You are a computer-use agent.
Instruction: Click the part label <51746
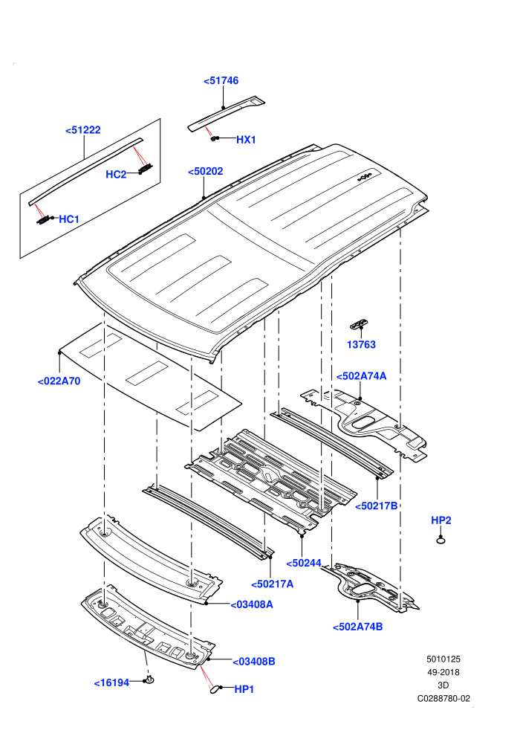[x=221, y=81]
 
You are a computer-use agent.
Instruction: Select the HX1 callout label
[x=246, y=140]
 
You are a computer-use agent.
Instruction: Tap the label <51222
[x=83, y=130]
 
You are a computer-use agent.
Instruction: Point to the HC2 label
[x=116, y=175]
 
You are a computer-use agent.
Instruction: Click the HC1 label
[x=69, y=219]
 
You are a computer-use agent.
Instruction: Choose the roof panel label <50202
[x=205, y=171]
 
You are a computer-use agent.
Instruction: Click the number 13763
[x=361, y=344]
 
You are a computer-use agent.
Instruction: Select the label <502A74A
[x=361, y=376]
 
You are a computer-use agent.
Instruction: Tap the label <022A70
[x=59, y=381]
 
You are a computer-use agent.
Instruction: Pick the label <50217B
[x=376, y=506]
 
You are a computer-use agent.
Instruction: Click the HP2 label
[x=441, y=520]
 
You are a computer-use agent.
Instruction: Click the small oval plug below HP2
[x=441, y=540]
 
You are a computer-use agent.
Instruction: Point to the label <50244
[x=304, y=564]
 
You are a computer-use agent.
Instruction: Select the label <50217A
[x=273, y=584]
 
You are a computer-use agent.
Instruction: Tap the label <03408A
[x=251, y=604]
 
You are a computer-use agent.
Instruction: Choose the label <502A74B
[x=358, y=627]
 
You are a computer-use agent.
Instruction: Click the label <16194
[x=111, y=682]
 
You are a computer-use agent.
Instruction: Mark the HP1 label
[x=244, y=689]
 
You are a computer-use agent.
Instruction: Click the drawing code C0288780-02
[x=443, y=698]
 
